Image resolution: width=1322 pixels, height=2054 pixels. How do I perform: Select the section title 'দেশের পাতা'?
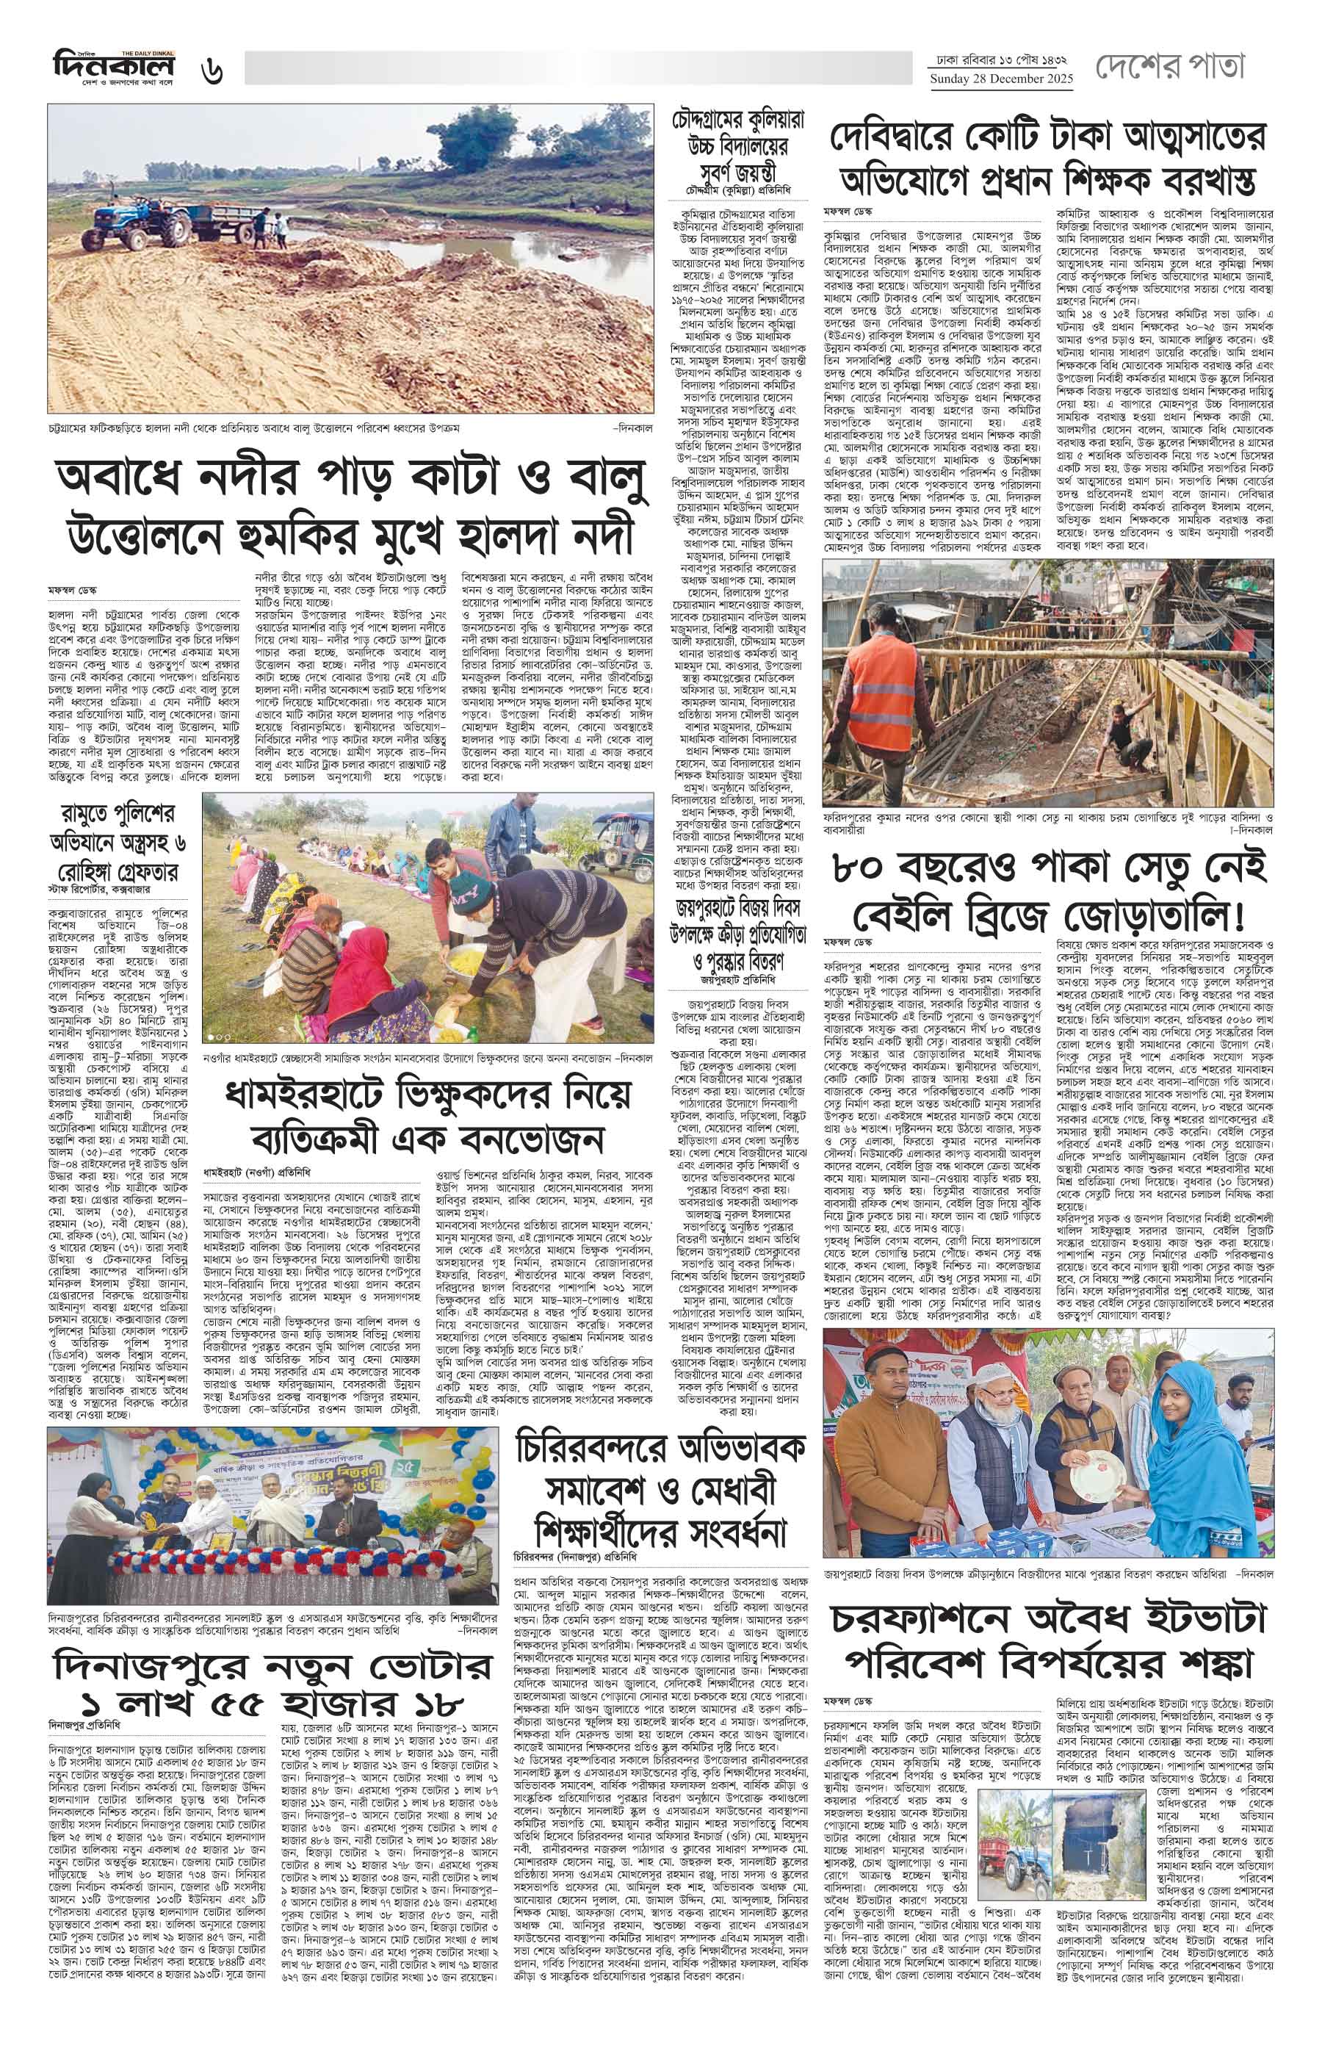pos(1169,68)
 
